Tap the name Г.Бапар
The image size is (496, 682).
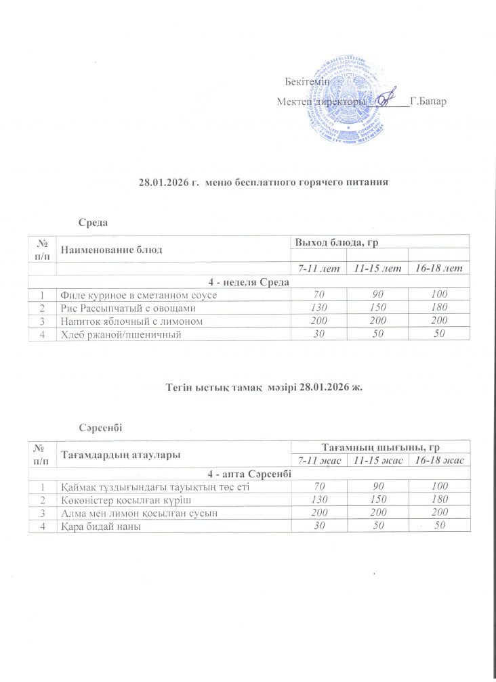pos(428,101)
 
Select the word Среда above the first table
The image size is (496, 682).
pos(93,223)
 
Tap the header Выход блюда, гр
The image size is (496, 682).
pos(330,242)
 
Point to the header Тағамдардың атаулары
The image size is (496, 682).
pos(121,455)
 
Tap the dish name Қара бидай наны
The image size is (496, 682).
pos(100,526)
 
